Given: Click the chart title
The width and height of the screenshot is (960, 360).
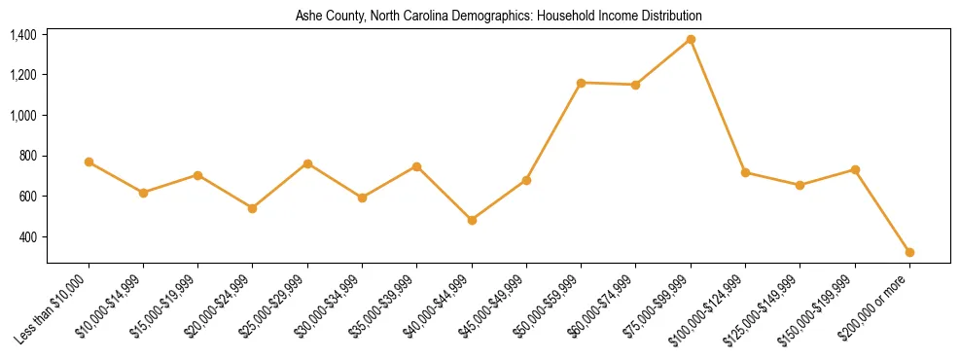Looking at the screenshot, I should point(499,17).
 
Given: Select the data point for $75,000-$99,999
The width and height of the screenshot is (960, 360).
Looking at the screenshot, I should point(691,39).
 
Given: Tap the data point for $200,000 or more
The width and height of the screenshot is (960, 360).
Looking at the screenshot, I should point(909,252).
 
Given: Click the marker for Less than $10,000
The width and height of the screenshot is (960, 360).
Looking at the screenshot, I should point(89,162).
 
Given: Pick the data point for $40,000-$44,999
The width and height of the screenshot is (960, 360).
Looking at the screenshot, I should point(472,220).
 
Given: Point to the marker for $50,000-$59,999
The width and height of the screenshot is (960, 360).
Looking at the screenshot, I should point(581,83).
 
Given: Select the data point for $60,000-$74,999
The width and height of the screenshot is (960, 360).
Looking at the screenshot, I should point(635,85).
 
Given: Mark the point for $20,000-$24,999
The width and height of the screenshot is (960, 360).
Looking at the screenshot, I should point(253,208).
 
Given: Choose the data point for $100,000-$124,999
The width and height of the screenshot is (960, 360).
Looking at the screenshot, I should point(745,172).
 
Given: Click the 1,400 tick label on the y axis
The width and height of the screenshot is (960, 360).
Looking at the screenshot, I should point(23,35).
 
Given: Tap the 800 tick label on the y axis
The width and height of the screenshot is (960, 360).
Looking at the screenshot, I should point(27,156).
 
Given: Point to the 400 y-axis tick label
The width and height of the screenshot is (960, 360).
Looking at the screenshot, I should point(27,237).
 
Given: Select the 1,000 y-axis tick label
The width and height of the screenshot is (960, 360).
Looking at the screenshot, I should point(23,115).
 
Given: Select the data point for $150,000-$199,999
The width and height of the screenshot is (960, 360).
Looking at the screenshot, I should point(855,169).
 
